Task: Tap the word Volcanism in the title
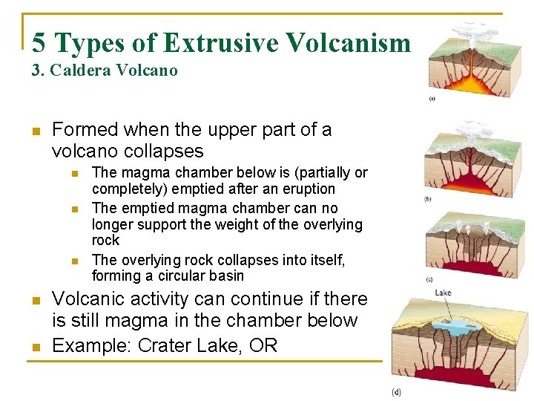[351, 43]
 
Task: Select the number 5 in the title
[39, 43]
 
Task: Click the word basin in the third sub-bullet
[226, 276]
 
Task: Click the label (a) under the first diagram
[432, 99]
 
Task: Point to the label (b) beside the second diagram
[427, 198]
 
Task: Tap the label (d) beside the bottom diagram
[397, 391]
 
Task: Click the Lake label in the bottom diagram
[444, 293]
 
